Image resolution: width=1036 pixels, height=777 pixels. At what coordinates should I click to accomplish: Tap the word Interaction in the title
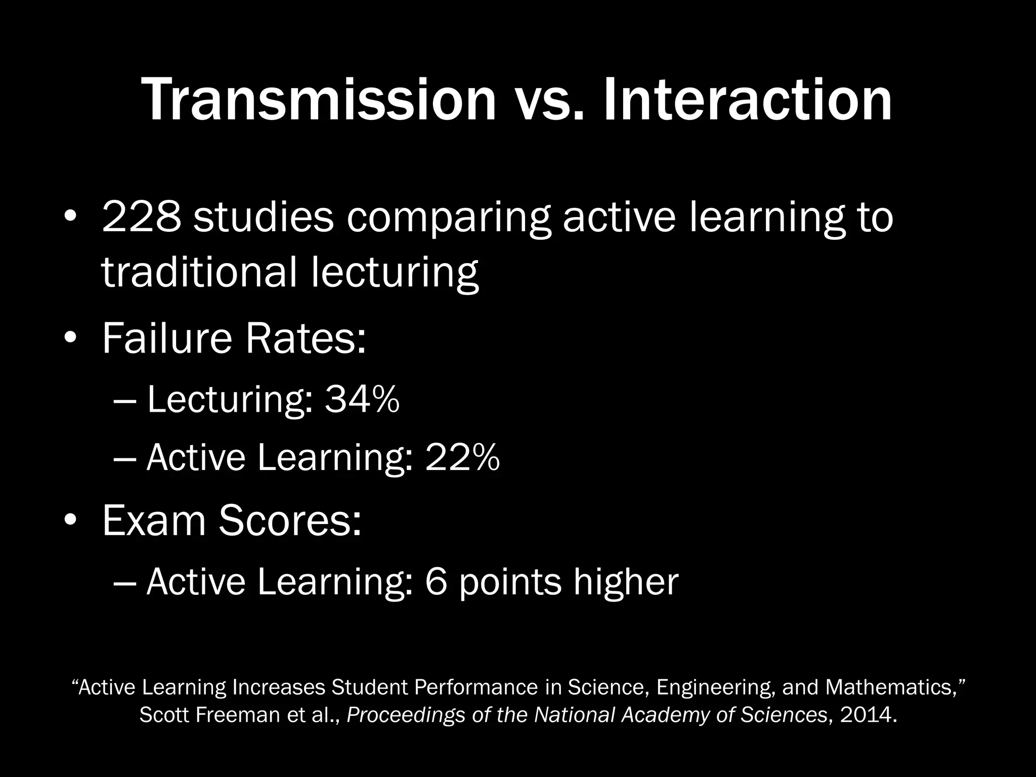(x=747, y=100)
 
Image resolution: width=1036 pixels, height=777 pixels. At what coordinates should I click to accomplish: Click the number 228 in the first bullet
(x=141, y=218)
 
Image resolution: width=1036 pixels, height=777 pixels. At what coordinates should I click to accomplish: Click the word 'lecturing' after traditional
(x=395, y=273)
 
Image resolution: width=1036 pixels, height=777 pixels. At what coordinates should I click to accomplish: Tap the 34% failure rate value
(x=362, y=400)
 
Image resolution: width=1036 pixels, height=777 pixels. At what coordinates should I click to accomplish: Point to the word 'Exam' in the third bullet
(x=154, y=521)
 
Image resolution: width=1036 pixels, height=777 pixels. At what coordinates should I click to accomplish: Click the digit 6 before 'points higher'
(x=437, y=582)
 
